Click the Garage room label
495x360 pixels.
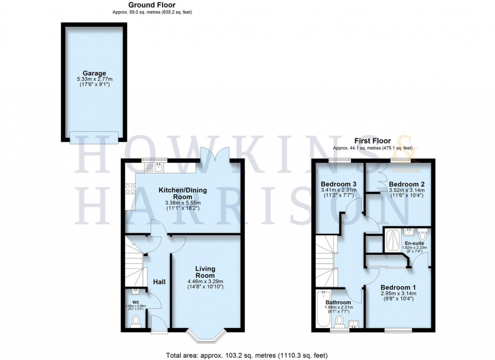click(x=94, y=74)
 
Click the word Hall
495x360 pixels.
click(x=159, y=281)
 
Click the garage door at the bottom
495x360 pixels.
click(x=94, y=137)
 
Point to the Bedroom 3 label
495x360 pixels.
click(x=339, y=184)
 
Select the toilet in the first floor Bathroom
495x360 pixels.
click(x=340, y=321)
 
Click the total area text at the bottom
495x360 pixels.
click(x=247, y=355)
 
